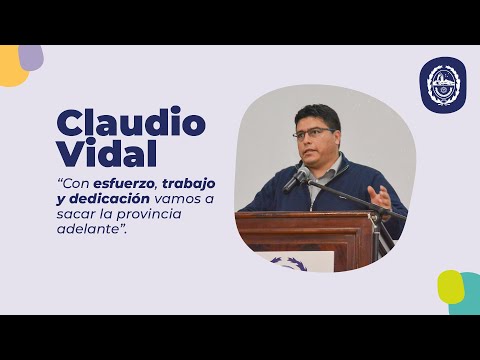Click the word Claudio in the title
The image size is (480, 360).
(x=131, y=123)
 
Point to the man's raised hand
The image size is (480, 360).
(x=379, y=196)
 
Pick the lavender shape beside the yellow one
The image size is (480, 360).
(x=33, y=56)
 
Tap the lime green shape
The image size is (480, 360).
(x=450, y=285)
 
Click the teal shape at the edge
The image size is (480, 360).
(x=469, y=297)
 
